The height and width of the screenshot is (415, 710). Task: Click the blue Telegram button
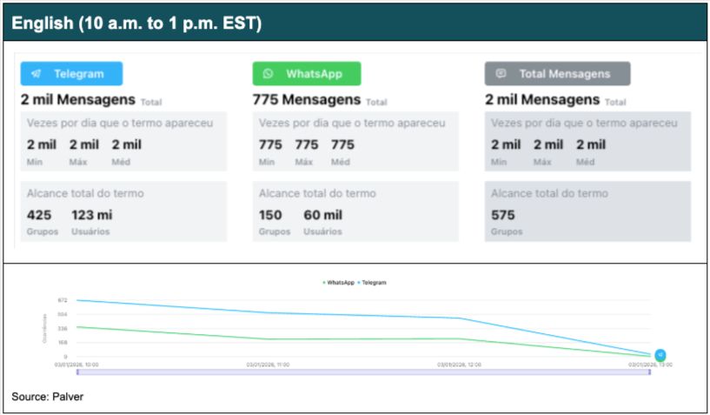click(x=71, y=74)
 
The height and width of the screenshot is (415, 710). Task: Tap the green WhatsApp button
click(x=306, y=74)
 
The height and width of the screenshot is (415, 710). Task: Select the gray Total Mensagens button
click(x=557, y=74)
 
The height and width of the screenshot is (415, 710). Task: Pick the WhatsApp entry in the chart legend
click(x=339, y=283)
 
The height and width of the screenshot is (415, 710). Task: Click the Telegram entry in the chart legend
click(x=372, y=283)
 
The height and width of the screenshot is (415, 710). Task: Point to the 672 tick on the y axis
click(x=62, y=300)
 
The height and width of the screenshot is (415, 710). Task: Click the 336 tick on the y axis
click(x=62, y=328)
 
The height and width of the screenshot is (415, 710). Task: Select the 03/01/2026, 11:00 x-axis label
click(x=269, y=365)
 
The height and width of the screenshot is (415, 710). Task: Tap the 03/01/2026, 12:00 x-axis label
click(x=460, y=365)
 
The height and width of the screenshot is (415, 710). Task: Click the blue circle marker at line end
click(x=660, y=355)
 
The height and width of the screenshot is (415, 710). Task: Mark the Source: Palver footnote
click(x=48, y=397)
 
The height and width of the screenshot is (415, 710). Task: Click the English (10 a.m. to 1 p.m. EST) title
click(x=137, y=23)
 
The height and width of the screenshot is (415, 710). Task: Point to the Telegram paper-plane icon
click(x=36, y=74)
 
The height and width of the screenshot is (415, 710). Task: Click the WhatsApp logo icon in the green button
click(x=269, y=74)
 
